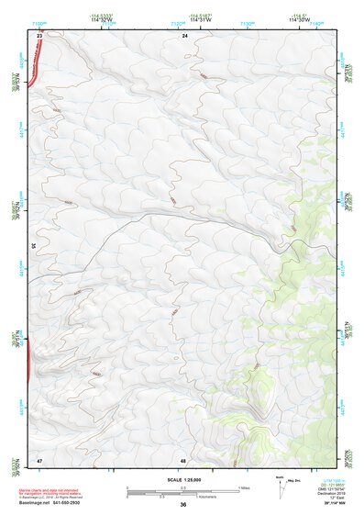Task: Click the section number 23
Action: coord(40,35)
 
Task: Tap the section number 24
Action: coord(184,35)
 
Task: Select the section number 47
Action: coord(40,458)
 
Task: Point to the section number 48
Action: coord(183,458)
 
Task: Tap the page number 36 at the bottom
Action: coord(183,505)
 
